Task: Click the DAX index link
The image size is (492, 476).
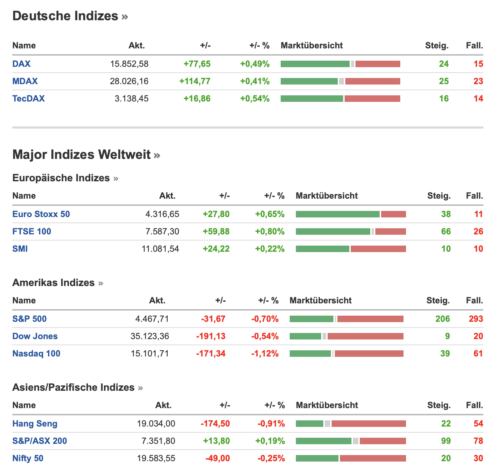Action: pos(21,64)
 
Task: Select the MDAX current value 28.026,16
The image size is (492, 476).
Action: pos(129,81)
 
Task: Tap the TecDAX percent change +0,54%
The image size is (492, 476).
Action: pos(255,99)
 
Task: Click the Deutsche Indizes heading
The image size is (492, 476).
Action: pos(65,16)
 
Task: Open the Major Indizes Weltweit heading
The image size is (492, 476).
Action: pos(82,155)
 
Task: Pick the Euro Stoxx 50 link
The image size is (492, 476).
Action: pos(41,214)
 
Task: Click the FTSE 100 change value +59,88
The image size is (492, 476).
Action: pos(216,231)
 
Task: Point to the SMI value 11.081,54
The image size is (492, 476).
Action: pos(160,249)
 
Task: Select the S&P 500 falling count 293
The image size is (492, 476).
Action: pos(476,319)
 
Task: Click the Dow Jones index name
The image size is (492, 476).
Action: pos(35,336)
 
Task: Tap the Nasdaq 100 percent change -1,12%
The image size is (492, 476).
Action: pos(265,354)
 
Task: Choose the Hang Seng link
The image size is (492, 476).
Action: pos(35,424)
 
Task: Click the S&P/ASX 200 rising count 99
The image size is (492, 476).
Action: pos(446,441)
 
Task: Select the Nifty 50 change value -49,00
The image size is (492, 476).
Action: pos(217,458)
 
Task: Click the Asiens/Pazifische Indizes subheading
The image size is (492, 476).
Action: pos(73,388)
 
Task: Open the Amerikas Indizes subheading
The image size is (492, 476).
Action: pos(53,283)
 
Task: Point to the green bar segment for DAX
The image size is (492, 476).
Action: pos(315,64)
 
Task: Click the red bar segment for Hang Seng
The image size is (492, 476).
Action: pos(368,424)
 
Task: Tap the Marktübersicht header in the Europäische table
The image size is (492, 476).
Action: pos(327,196)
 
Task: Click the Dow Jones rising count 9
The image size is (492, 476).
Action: pos(447,336)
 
